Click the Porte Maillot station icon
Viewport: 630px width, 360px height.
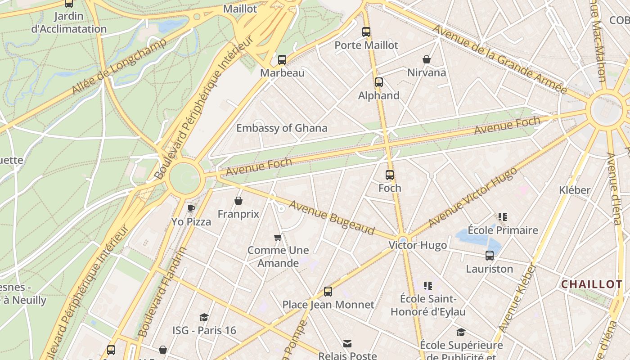(366, 32)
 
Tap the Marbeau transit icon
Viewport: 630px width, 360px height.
(282, 59)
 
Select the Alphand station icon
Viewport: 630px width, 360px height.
(379, 82)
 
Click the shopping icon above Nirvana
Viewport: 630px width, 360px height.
(427, 59)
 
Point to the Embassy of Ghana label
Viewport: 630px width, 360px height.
(282, 128)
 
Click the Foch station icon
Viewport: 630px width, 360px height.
(390, 175)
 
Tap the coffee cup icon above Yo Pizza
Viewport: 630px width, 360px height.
(191, 208)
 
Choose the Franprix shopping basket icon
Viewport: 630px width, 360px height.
(238, 201)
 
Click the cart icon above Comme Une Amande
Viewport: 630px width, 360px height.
(278, 237)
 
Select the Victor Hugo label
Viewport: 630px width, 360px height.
(418, 245)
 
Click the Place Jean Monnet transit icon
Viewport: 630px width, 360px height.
(328, 292)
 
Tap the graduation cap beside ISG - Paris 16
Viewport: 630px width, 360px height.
(204, 318)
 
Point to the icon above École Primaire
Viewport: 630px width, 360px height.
(503, 217)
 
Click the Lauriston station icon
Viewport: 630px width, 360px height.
(490, 256)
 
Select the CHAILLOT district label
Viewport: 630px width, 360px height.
(592, 284)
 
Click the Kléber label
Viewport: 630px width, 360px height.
(574, 190)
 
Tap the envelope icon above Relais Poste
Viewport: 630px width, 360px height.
(347, 344)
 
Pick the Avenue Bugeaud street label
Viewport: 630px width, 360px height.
(332, 218)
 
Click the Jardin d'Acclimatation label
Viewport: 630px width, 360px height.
(69, 22)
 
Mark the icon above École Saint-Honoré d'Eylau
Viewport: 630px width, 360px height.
(428, 285)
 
